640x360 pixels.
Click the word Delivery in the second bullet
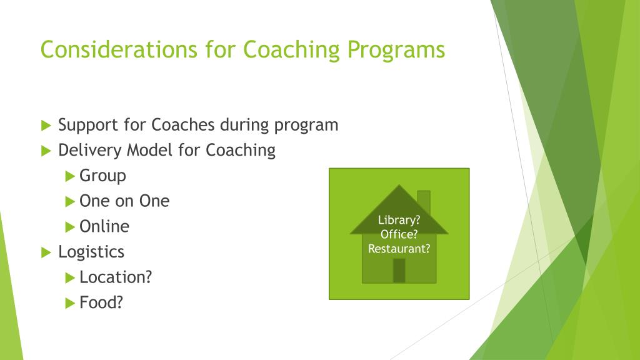[90, 151]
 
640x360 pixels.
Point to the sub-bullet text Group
[102, 176]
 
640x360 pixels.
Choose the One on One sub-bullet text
[124, 201]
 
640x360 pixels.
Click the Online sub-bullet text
[104, 226]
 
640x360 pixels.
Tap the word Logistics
[91, 252]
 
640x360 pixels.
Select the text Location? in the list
[116, 277]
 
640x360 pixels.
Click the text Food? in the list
[101, 302]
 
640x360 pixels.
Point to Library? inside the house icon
[399, 220]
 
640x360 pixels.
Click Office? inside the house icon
[399, 234]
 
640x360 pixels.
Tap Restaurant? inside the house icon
[399, 249]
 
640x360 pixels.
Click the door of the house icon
[399, 270]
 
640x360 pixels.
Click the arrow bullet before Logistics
[46, 252]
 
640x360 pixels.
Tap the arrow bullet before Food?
[70, 303]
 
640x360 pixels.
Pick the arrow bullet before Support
[46, 126]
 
